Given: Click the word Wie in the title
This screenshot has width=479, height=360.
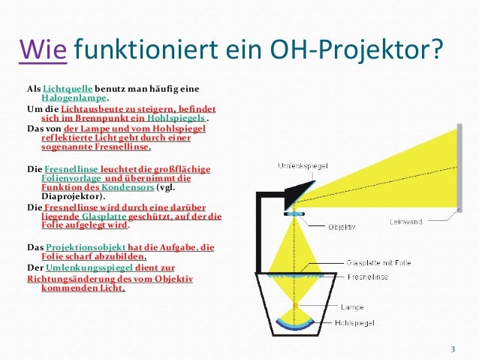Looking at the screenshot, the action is point(44,52).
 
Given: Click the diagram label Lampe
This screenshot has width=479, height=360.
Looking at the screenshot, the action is point(352,307).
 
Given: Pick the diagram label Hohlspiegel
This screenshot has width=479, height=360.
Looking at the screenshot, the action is point(358,324).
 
